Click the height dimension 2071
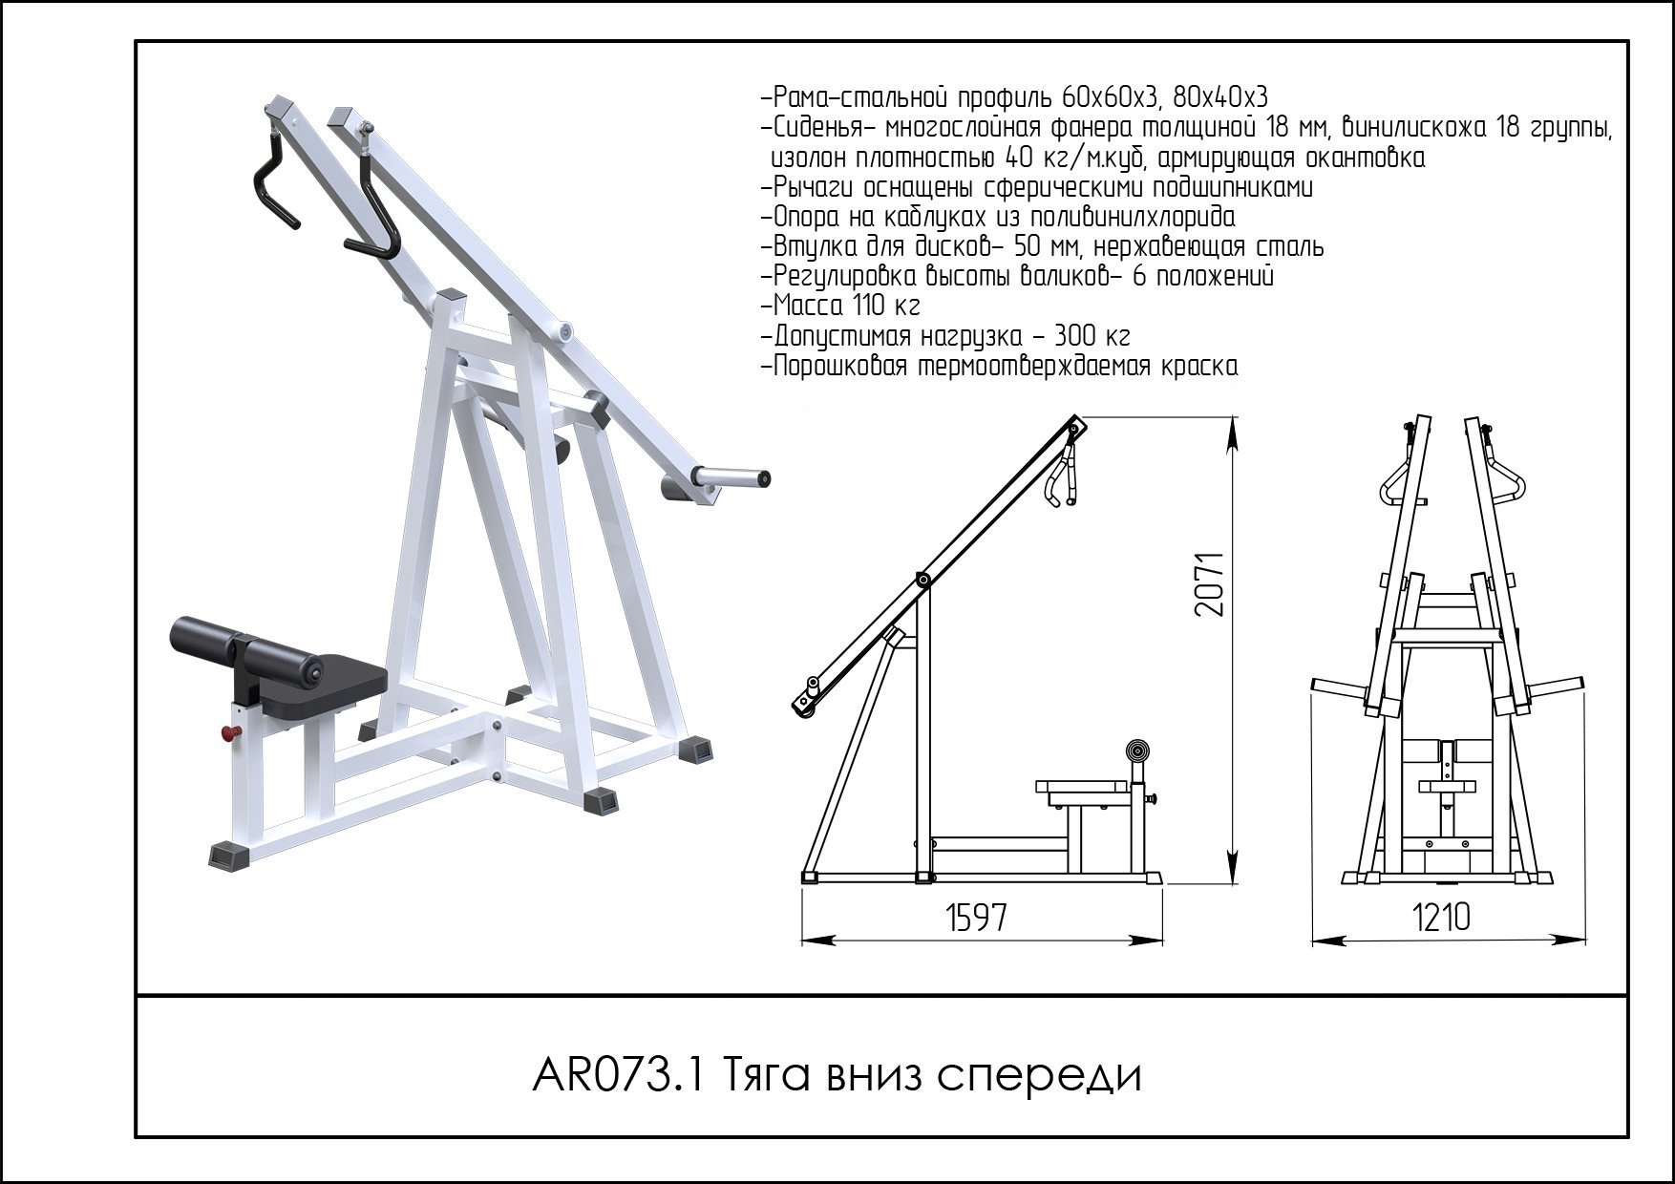pos(1210,583)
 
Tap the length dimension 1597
pos(976,918)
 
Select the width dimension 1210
pos(1441,918)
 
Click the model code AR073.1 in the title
pos(618,1076)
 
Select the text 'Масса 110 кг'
pos(840,307)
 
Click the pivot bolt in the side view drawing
pos(922,579)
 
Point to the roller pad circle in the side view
pos(1136,751)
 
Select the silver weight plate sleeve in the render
pos(731,476)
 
